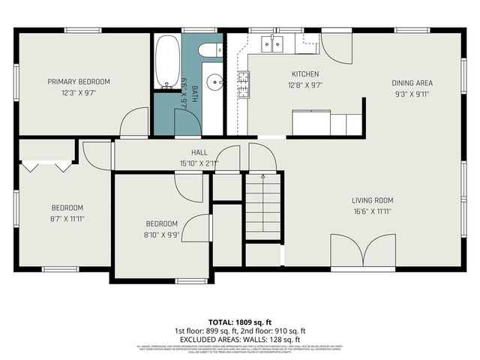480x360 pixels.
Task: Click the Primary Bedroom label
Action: [x=79, y=82]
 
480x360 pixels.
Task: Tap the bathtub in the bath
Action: [x=167, y=64]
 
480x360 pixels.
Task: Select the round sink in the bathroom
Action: [x=214, y=80]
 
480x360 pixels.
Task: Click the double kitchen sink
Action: [x=271, y=44]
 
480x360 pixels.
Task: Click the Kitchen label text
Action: [x=305, y=74]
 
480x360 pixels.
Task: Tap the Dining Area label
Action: [x=412, y=82]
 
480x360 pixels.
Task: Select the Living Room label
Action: [x=373, y=200]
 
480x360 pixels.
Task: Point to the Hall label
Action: [x=199, y=153]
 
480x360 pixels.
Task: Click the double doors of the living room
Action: [x=363, y=250]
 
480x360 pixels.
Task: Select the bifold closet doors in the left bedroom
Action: [x=46, y=164]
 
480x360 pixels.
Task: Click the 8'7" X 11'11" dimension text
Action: [x=67, y=219]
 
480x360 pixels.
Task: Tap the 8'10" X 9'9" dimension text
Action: [x=162, y=235]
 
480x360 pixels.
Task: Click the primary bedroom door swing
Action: [x=136, y=123]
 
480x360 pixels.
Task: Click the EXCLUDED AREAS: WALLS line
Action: [x=240, y=338]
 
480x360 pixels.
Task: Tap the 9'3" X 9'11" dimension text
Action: [x=412, y=94]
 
